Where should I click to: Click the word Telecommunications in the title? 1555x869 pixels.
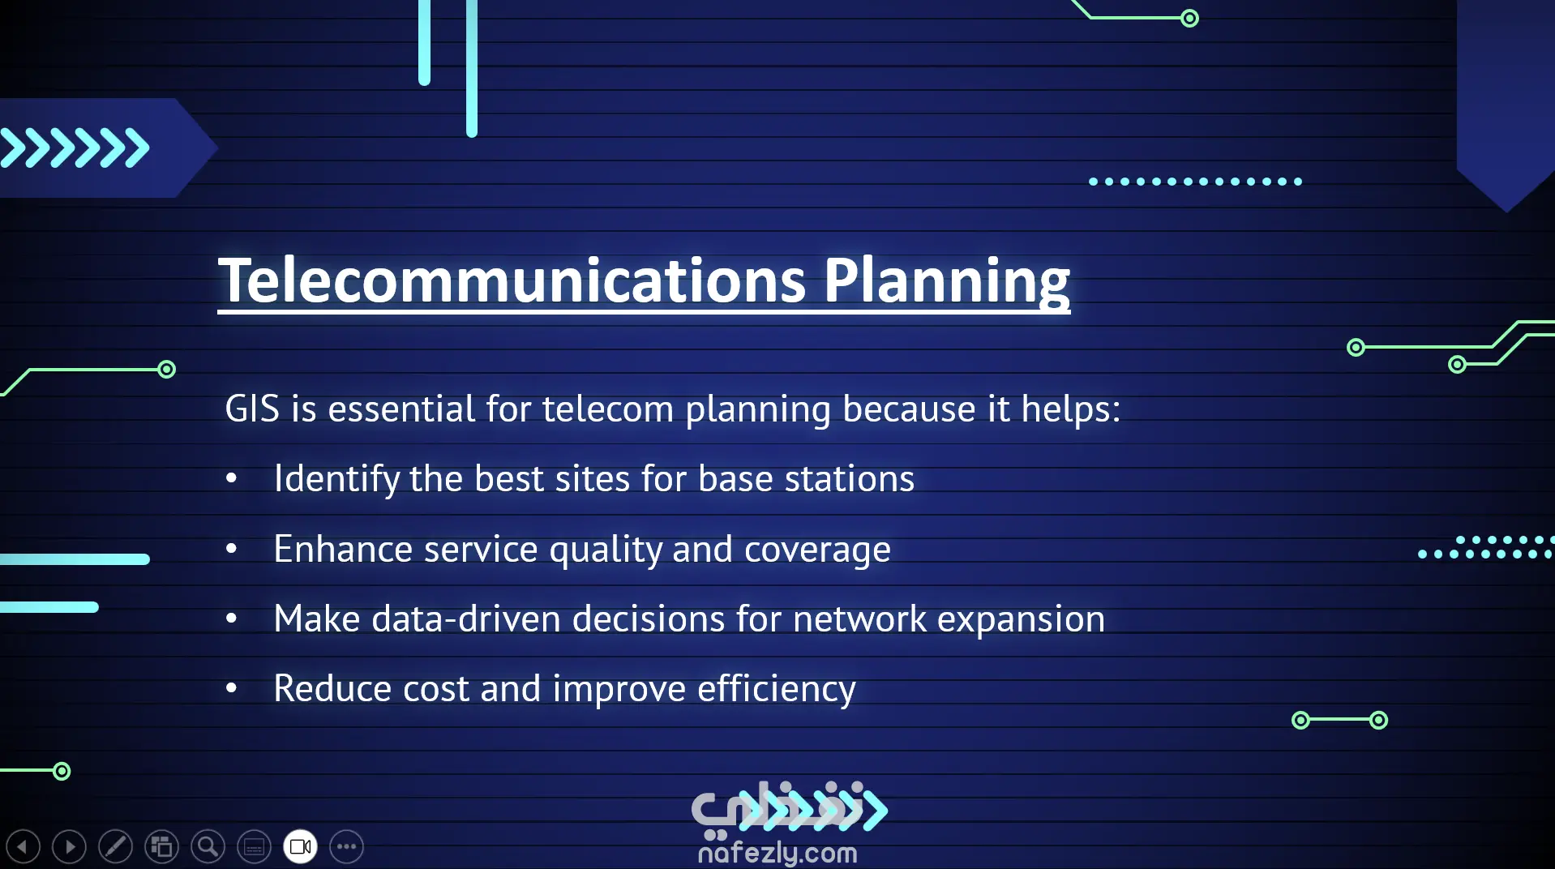[x=512, y=280]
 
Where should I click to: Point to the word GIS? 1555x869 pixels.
[x=252, y=409]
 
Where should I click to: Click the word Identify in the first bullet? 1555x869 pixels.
[x=336, y=478]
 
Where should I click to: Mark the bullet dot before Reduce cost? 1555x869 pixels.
[x=232, y=688]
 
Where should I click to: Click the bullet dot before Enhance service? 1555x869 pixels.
[x=232, y=549]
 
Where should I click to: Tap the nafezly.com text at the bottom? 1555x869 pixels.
[x=777, y=853]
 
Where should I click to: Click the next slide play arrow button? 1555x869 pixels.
[x=69, y=847]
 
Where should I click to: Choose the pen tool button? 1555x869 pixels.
[x=115, y=847]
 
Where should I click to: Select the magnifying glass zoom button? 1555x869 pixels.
[x=208, y=847]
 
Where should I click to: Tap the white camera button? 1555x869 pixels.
[x=300, y=847]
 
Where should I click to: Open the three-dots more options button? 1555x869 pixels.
[x=346, y=847]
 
